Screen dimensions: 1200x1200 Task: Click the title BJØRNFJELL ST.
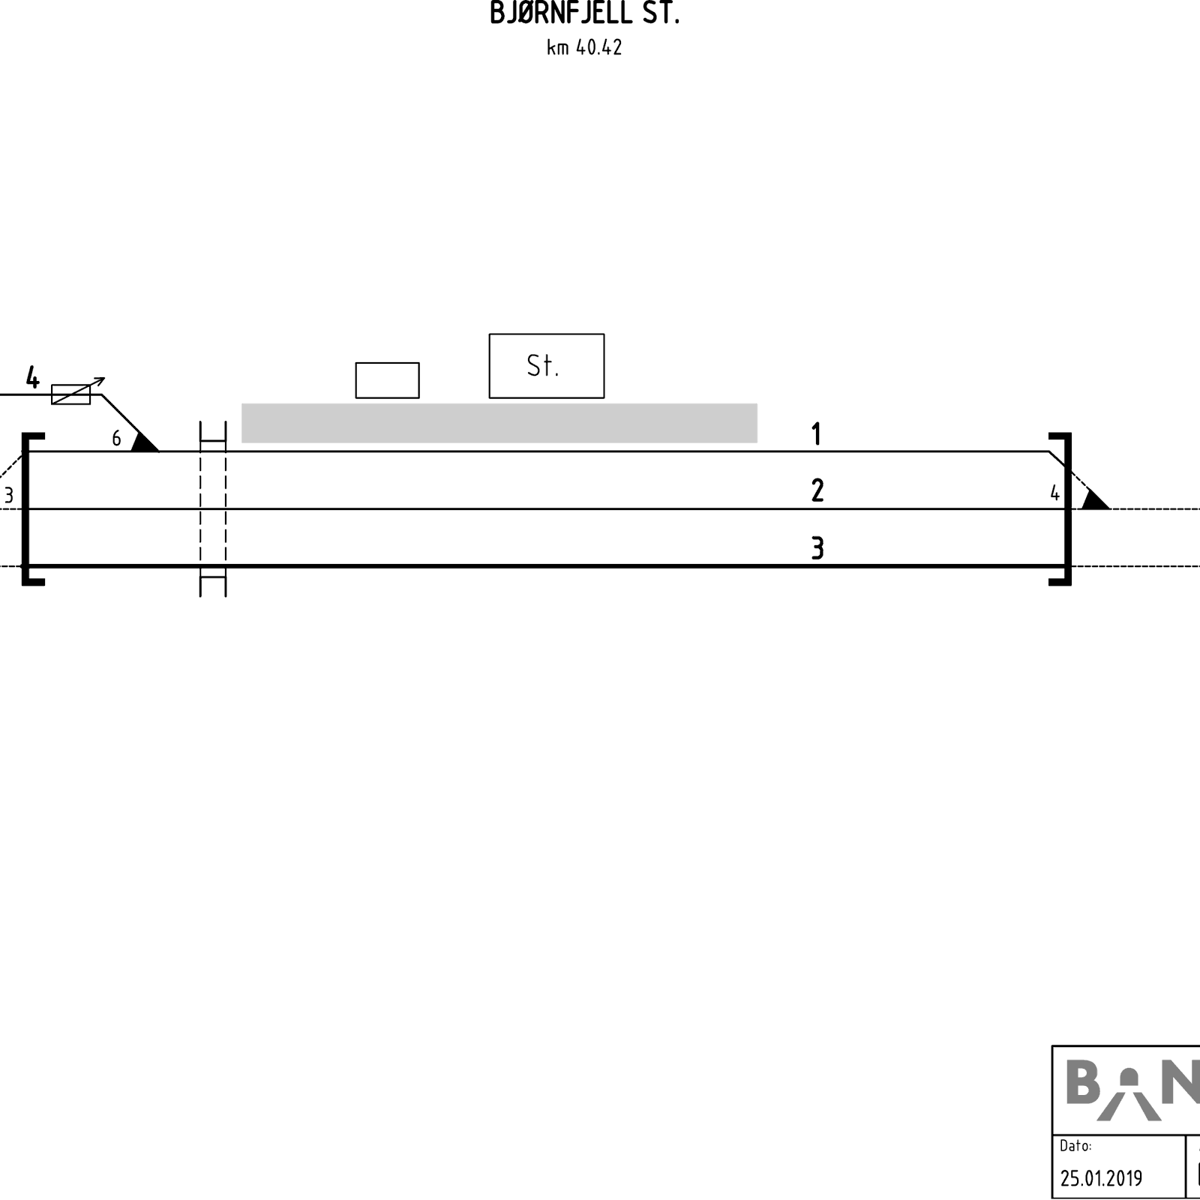click(584, 13)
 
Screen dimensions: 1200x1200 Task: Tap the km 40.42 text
click(584, 47)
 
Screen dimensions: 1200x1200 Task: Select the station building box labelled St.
click(547, 366)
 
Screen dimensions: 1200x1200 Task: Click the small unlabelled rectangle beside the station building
click(387, 380)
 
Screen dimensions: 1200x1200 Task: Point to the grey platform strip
click(499, 423)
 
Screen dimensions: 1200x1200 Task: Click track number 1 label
click(817, 434)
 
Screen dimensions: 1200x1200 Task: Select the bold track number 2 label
click(817, 490)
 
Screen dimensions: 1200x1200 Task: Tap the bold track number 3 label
click(817, 548)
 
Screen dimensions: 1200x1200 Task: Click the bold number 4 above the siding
click(32, 377)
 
